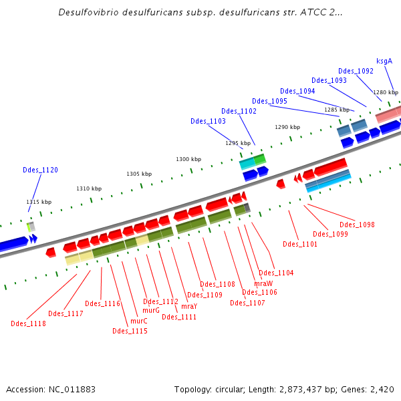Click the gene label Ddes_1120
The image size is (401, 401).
coord(40,170)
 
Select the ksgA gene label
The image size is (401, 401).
coord(384,61)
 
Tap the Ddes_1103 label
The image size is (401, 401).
coord(208,121)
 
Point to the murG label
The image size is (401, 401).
coord(151,310)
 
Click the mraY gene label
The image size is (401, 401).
coord(189,306)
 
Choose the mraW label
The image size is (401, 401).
coord(263,283)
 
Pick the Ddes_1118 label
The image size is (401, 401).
coord(28,323)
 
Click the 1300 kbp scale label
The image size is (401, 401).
coord(188,159)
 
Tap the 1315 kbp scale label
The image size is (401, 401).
coord(39,202)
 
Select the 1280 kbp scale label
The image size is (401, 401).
coord(386,92)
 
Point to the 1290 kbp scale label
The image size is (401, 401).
coord(287,127)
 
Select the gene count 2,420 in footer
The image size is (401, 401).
coord(381,389)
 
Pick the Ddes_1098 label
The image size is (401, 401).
coord(357,225)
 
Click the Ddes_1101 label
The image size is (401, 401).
coord(300,244)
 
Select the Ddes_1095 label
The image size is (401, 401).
coord(269,101)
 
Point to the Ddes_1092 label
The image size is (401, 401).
coord(356,71)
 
